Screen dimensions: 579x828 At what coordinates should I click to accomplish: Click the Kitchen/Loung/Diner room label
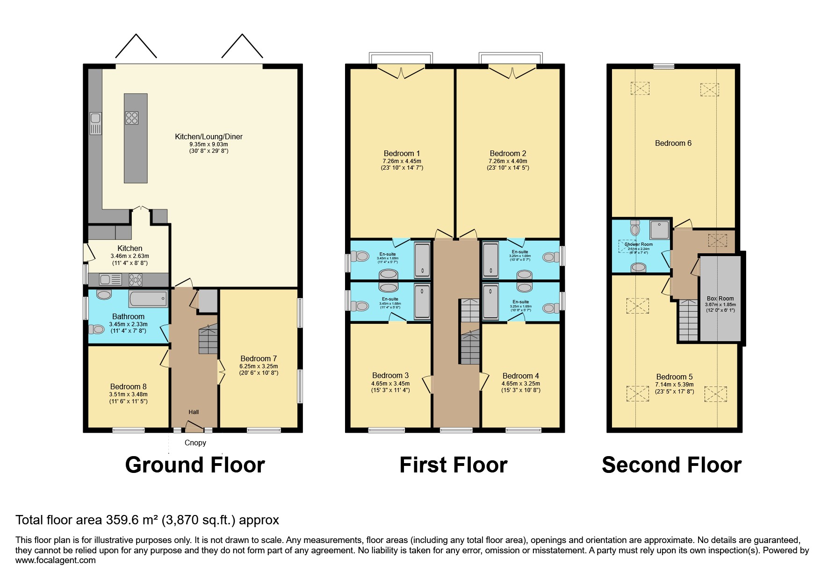209,137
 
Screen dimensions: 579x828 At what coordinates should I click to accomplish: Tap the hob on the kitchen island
132,117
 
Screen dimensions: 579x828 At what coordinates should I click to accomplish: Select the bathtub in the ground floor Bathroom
148,298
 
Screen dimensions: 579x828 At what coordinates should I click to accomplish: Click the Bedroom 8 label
128,386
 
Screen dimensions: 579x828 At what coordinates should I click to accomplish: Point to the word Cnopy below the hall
195,443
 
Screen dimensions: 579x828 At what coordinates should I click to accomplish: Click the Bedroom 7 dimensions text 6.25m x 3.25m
259,366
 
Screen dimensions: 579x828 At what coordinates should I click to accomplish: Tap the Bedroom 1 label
402,153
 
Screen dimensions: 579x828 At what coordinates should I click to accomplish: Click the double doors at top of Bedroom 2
512,72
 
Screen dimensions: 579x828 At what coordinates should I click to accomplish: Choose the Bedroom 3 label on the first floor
390,375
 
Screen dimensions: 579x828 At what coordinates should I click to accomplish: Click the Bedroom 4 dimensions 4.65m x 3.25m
520,383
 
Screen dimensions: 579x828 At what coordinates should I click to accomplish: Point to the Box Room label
720,298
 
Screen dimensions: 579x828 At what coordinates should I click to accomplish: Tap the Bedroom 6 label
673,143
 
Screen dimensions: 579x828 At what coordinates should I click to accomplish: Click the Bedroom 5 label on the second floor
674,377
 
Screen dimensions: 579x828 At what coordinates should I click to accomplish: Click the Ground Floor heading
195,465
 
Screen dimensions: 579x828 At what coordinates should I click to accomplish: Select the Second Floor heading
671,465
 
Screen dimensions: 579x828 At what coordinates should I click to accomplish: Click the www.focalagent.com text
56,560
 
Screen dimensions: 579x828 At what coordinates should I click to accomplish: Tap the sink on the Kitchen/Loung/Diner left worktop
95,123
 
